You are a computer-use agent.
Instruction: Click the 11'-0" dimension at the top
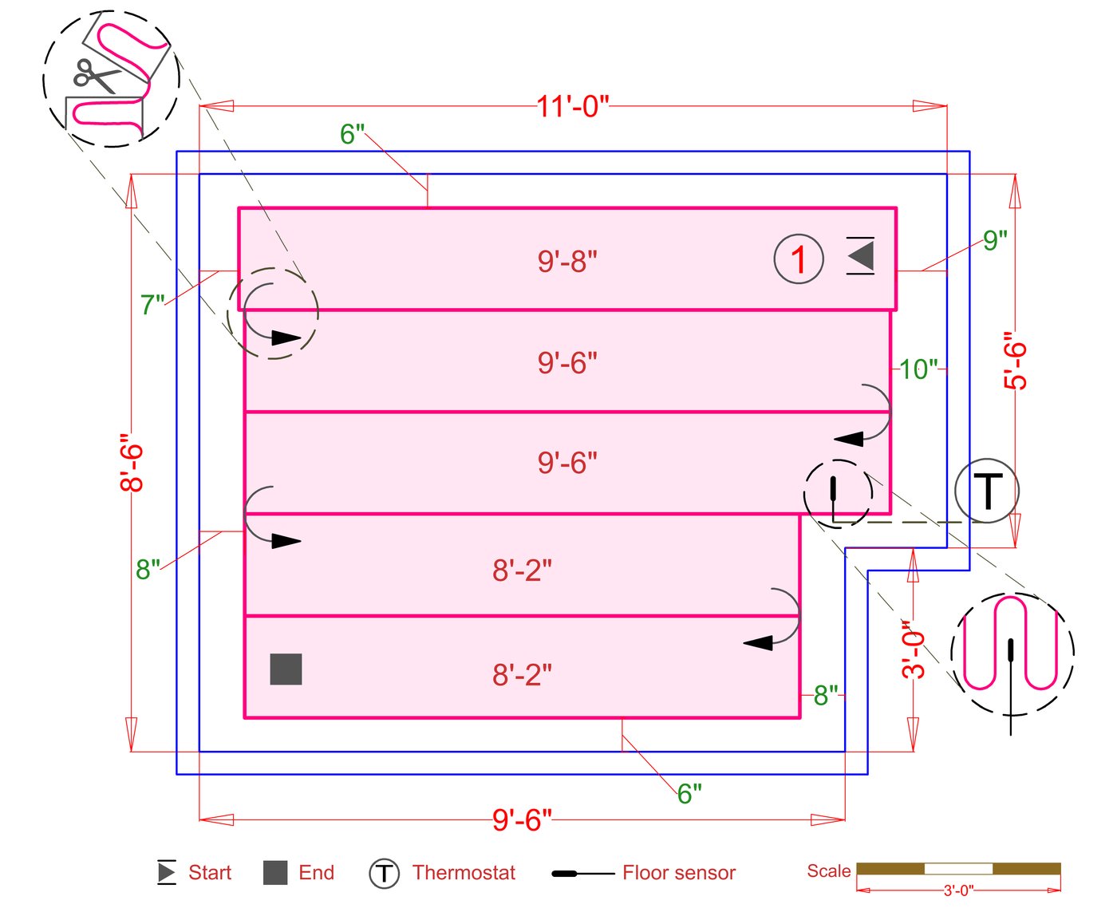click(573, 106)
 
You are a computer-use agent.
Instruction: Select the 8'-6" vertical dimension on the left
click(132, 463)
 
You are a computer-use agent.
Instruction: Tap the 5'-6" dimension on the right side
click(1015, 361)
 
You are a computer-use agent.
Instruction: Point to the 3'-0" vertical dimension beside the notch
click(913, 649)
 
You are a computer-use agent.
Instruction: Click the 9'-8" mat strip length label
click(567, 261)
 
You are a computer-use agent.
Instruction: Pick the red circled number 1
click(798, 259)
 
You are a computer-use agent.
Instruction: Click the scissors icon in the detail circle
click(96, 76)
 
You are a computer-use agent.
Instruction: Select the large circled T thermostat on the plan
click(986, 491)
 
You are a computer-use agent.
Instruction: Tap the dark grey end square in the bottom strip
click(286, 669)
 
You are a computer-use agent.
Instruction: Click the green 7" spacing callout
click(152, 305)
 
